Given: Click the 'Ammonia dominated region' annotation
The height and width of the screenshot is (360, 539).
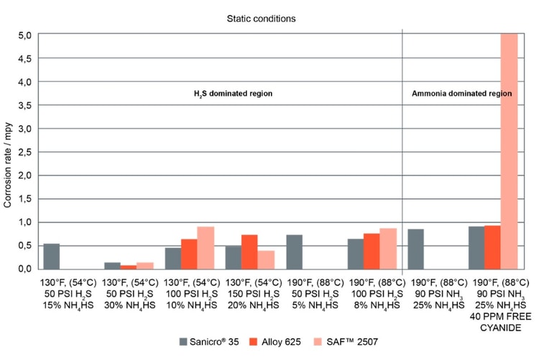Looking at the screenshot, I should pyautogui.click(x=461, y=94).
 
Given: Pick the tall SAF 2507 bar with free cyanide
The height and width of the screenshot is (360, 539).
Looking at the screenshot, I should pyautogui.click(x=509, y=151).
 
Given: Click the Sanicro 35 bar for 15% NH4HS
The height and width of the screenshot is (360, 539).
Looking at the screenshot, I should pyautogui.click(x=51, y=257).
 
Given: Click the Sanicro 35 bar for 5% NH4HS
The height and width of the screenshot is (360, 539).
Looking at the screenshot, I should pyautogui.click(x=294, y=252).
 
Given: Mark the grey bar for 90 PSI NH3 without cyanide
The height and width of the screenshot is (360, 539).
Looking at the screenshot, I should pyautogui.click(x=415, y=249).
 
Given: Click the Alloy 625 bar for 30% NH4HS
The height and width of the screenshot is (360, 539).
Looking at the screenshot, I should pyautogui.click(x=128, y=267).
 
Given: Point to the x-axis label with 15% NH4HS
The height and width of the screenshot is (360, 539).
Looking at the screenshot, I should pyautogui.click(x=67, y=294).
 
